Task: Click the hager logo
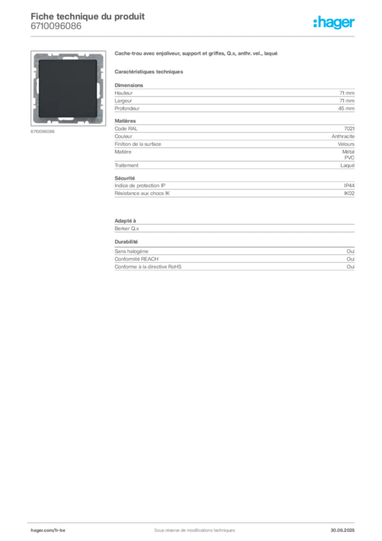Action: tap(334, 22)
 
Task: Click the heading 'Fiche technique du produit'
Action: tap(88, 16)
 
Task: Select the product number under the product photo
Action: tap(42, 132)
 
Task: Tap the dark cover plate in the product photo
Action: tap(68, 88)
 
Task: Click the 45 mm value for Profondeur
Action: tap(346, 108)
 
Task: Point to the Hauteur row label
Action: tap(123, 93)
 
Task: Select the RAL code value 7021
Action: tap(349, 128)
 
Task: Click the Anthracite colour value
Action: tap(343, 136)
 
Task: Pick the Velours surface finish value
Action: tap(346, 144)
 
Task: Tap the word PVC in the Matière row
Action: tap(349, 157)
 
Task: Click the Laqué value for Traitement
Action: tap(347, 165)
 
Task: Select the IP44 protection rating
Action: tap(349, 185)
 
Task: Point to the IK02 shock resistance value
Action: tap(349, 193)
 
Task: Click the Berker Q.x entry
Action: tap(127, 228)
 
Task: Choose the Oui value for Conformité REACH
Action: tap(350, 259)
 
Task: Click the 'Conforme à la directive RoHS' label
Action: tap(148, 267)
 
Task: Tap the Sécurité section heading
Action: tap(125, 178)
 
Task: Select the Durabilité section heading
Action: tap(126, 241)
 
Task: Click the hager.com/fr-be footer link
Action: tap(48, 530)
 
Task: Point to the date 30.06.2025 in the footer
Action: tap(342, 530)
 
